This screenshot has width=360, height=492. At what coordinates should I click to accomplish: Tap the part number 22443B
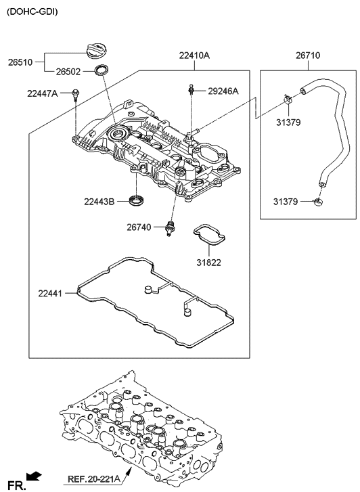tap(100, 201)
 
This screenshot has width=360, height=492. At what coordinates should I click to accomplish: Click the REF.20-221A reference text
tap(95, 481)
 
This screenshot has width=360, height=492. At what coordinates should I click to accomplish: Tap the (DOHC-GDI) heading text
tap(32, 12)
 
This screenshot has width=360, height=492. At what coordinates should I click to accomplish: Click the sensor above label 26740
tap(171, 227)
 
